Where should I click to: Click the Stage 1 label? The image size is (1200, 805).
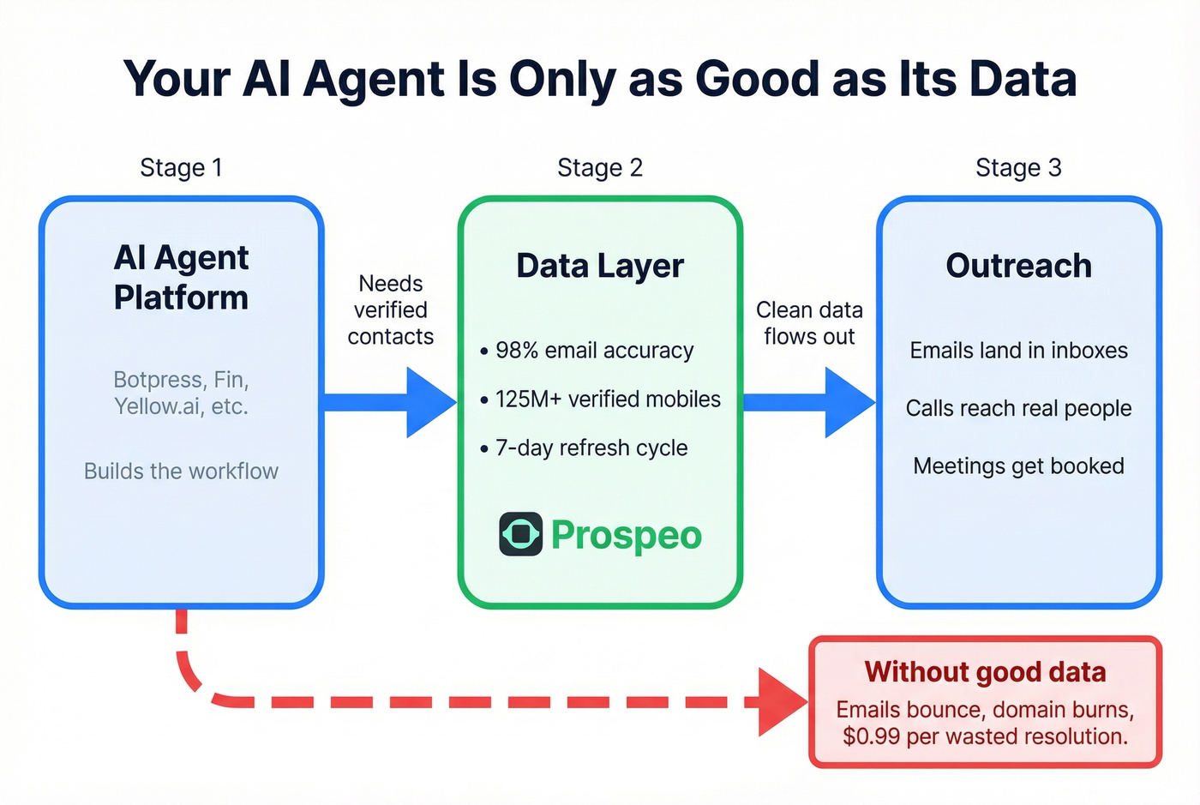(x=181, y=167)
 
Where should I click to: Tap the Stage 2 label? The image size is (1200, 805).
(x=599, y=167)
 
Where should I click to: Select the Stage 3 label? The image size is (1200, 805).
(x=1018, y=167)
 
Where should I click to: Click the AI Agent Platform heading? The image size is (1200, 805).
(x=181, y=277)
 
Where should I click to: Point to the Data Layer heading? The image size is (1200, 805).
(x=599, y=266)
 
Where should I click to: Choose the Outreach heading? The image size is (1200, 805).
(x=1018, y=266)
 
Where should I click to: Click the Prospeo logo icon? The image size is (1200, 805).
(x=520, y=534)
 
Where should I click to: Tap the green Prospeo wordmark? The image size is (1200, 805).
(x=627, y=535)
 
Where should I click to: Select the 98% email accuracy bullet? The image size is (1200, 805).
(x=593, y=351)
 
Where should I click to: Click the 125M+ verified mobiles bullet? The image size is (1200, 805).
(x=607, y=399)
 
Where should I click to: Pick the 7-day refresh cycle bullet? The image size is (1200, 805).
(x=591, y=448)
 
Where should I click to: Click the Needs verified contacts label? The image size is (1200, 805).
(x=390, y=309)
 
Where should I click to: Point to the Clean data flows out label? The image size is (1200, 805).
(x=809, y=323)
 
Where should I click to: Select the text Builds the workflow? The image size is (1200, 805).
(x=181, y=471)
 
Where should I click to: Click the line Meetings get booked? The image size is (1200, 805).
(x=1018, y=466)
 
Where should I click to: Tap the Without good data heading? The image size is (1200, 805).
(x=985, y=671)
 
